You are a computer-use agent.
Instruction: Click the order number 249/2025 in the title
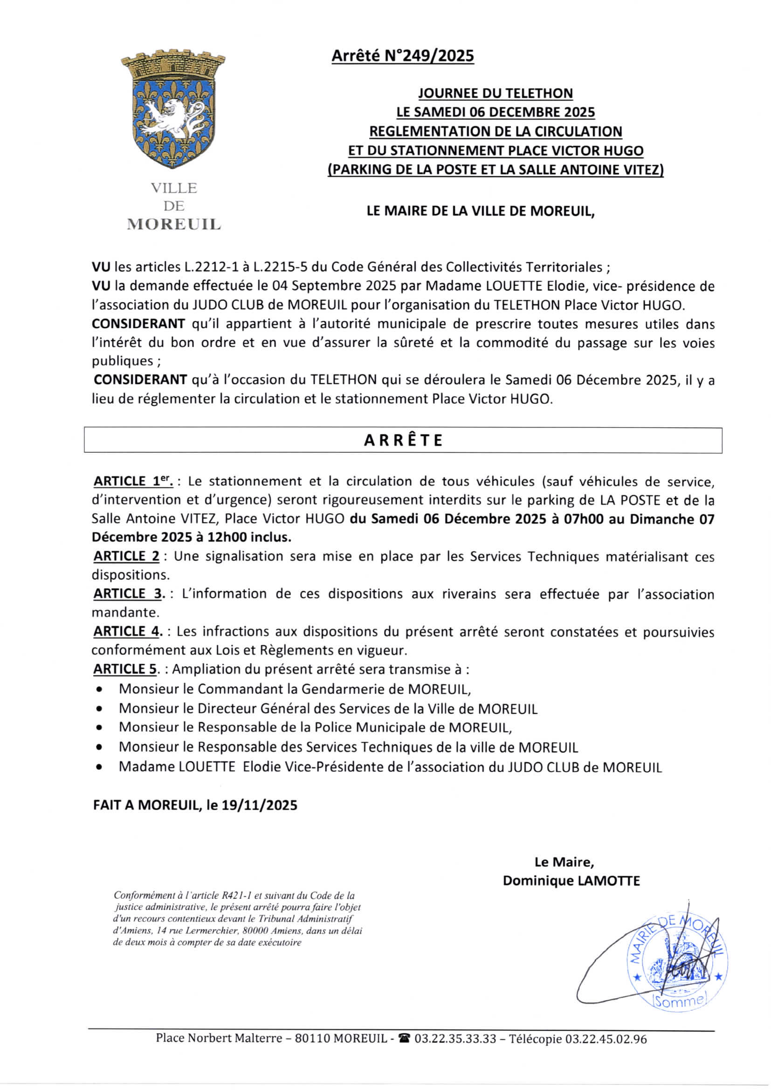[429, 56]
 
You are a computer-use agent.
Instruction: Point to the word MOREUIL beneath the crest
[174, 224]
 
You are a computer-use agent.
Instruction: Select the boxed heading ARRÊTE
[403, 440]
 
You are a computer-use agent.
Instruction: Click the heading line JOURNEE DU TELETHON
[495, 93]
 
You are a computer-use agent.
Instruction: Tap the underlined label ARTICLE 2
[126, 556]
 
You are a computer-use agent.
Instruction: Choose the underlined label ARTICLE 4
[127, 631]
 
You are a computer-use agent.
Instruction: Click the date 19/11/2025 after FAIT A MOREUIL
[259, 805]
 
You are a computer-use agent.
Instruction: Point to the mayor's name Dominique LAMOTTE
[571, 881]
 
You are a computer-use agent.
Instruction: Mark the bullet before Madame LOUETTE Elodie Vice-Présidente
[99, 767]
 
